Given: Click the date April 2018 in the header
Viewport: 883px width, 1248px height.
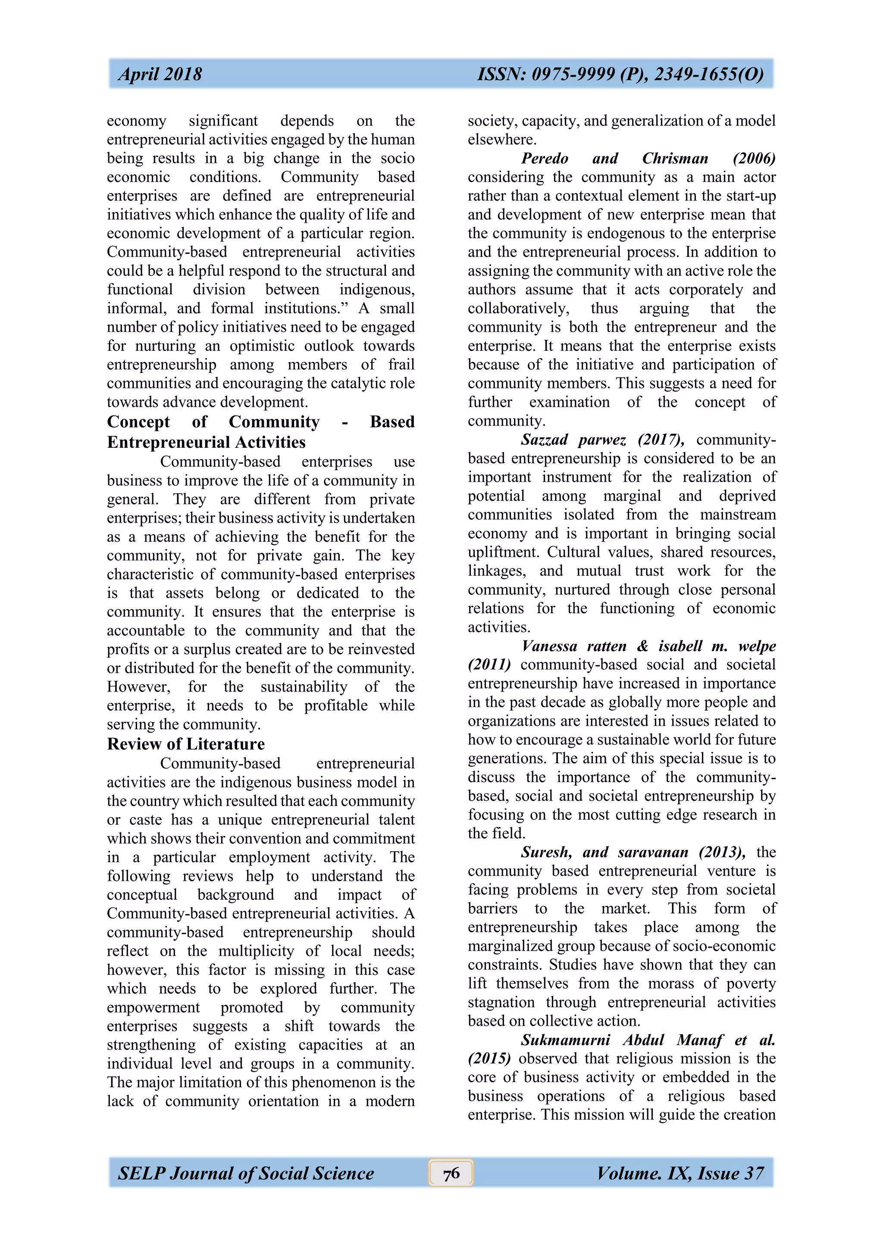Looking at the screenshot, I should point(160,75).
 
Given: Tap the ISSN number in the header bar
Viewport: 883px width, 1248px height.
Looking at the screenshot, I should point(620,75).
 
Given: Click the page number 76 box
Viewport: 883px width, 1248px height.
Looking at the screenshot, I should point(451,1173).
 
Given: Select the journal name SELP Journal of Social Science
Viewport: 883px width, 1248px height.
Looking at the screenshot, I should point(246,1173).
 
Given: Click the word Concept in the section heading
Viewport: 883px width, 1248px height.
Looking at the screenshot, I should point(138,422).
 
